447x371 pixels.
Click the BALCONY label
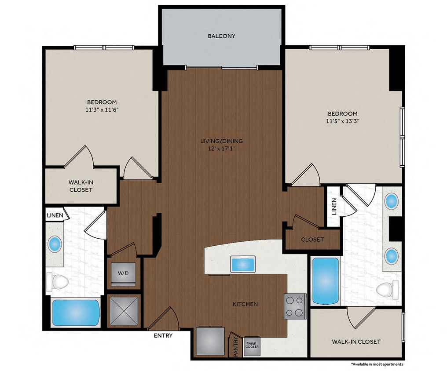(221, 36)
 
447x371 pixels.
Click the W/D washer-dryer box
(123, 273)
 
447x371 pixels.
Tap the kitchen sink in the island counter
(243, 264)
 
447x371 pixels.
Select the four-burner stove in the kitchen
(295, 306)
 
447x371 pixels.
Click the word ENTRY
(163, 336)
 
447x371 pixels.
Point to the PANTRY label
(235, 346)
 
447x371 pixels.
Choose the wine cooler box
(253, 345)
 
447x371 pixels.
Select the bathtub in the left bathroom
(76, 313)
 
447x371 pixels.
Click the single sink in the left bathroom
(55, 244)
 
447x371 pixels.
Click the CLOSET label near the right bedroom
(312, 240)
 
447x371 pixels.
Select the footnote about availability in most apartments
(377, 364)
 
